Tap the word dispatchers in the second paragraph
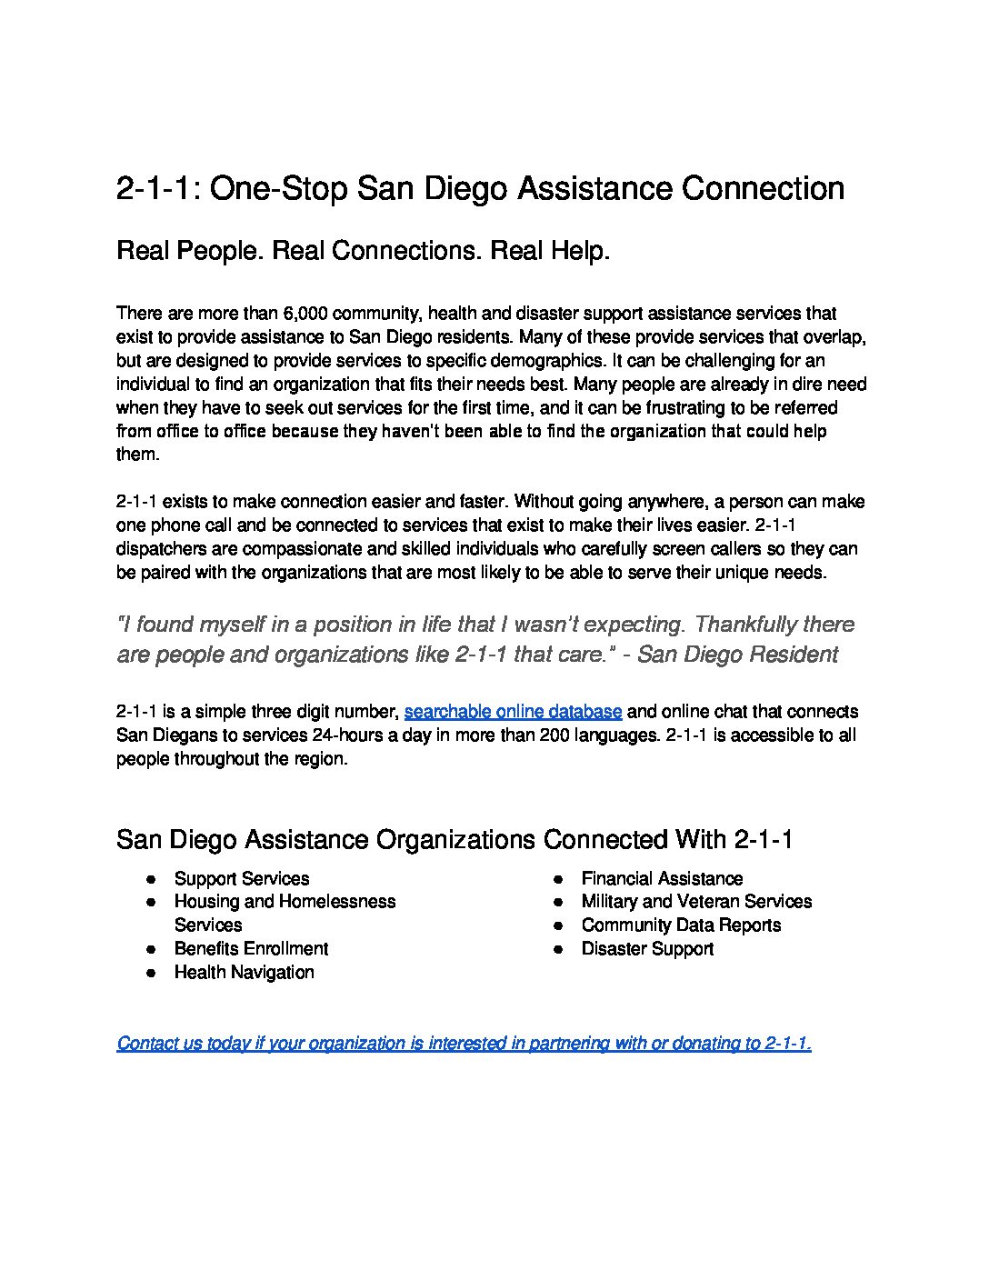click(x=164, y=549)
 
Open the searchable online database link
click(x=513, y=712)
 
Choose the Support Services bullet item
click(x=241, y=879)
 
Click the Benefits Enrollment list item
click(x=251, y=949)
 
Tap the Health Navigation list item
click(x=244, y=973)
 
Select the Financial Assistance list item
click(x=662, y=879)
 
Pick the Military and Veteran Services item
click(x=696, y=902)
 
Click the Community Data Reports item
click(x=681, y=925)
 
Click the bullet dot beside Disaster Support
click(x=562, y=949)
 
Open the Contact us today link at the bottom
click(x=464, y=1044)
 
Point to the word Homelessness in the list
click(x=336, y=902)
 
